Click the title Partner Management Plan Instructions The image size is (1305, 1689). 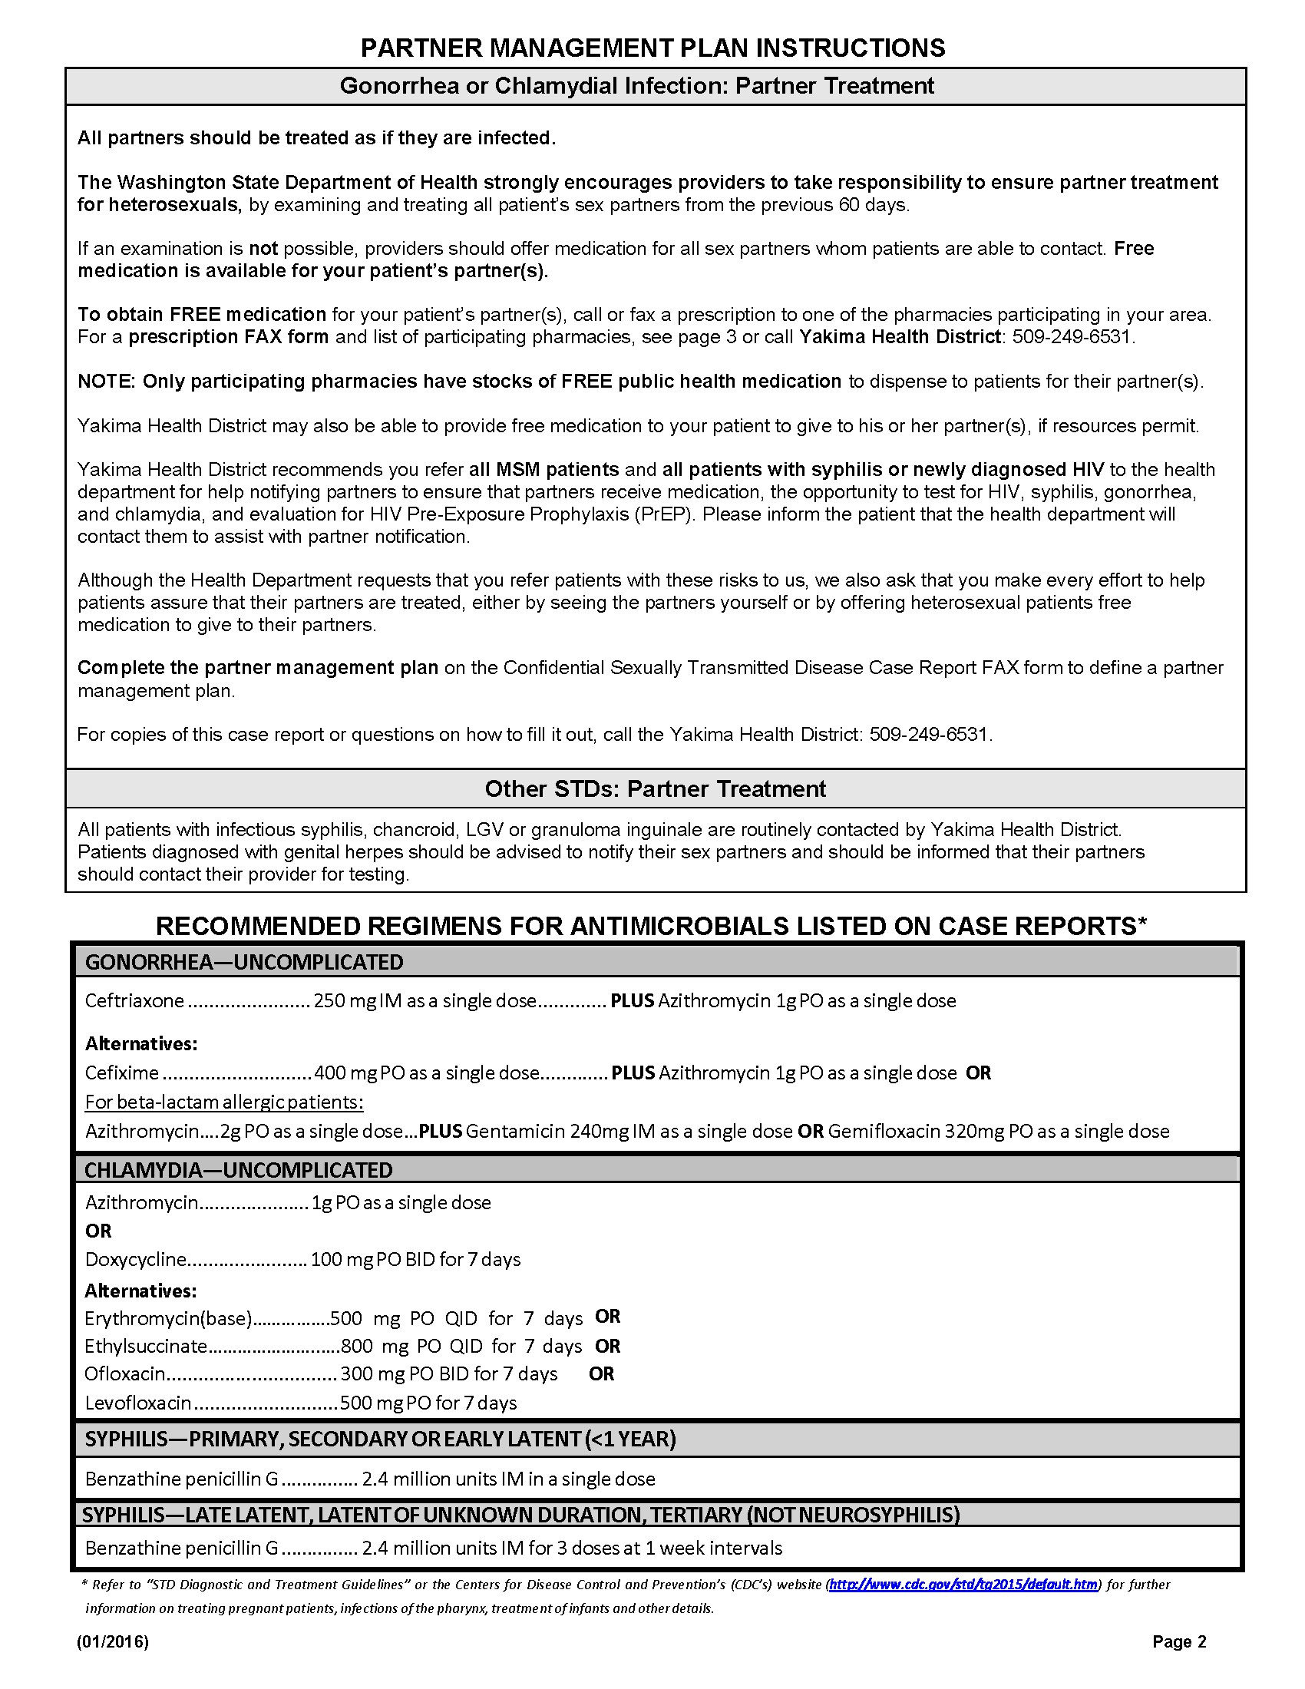pos(652,48)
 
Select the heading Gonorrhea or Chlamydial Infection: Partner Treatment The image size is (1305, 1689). pos(636,86)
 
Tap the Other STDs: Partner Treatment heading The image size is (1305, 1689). pos(655,788)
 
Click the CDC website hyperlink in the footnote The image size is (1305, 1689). pos(963,1585)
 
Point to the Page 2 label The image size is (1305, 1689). pos(1179,1642)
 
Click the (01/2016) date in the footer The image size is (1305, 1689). pos(113,1642)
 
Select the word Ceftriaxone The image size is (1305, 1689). pos(134,1000)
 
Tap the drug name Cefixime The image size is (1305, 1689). pos(121,1073)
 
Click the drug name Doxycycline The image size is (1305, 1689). pos(135,1260)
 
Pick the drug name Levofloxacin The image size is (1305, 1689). pos(137,1403)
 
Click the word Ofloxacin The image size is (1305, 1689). pos(124,1373)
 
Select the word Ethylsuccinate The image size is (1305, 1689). pos(145,1346)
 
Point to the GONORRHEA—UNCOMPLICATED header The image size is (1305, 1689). pos(243,962)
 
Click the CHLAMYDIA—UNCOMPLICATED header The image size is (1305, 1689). pos(238,1170)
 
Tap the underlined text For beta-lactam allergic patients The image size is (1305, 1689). pos(224,1101)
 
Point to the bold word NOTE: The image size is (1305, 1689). pos(107,382)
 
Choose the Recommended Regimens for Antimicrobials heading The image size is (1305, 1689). pos(651,926)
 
